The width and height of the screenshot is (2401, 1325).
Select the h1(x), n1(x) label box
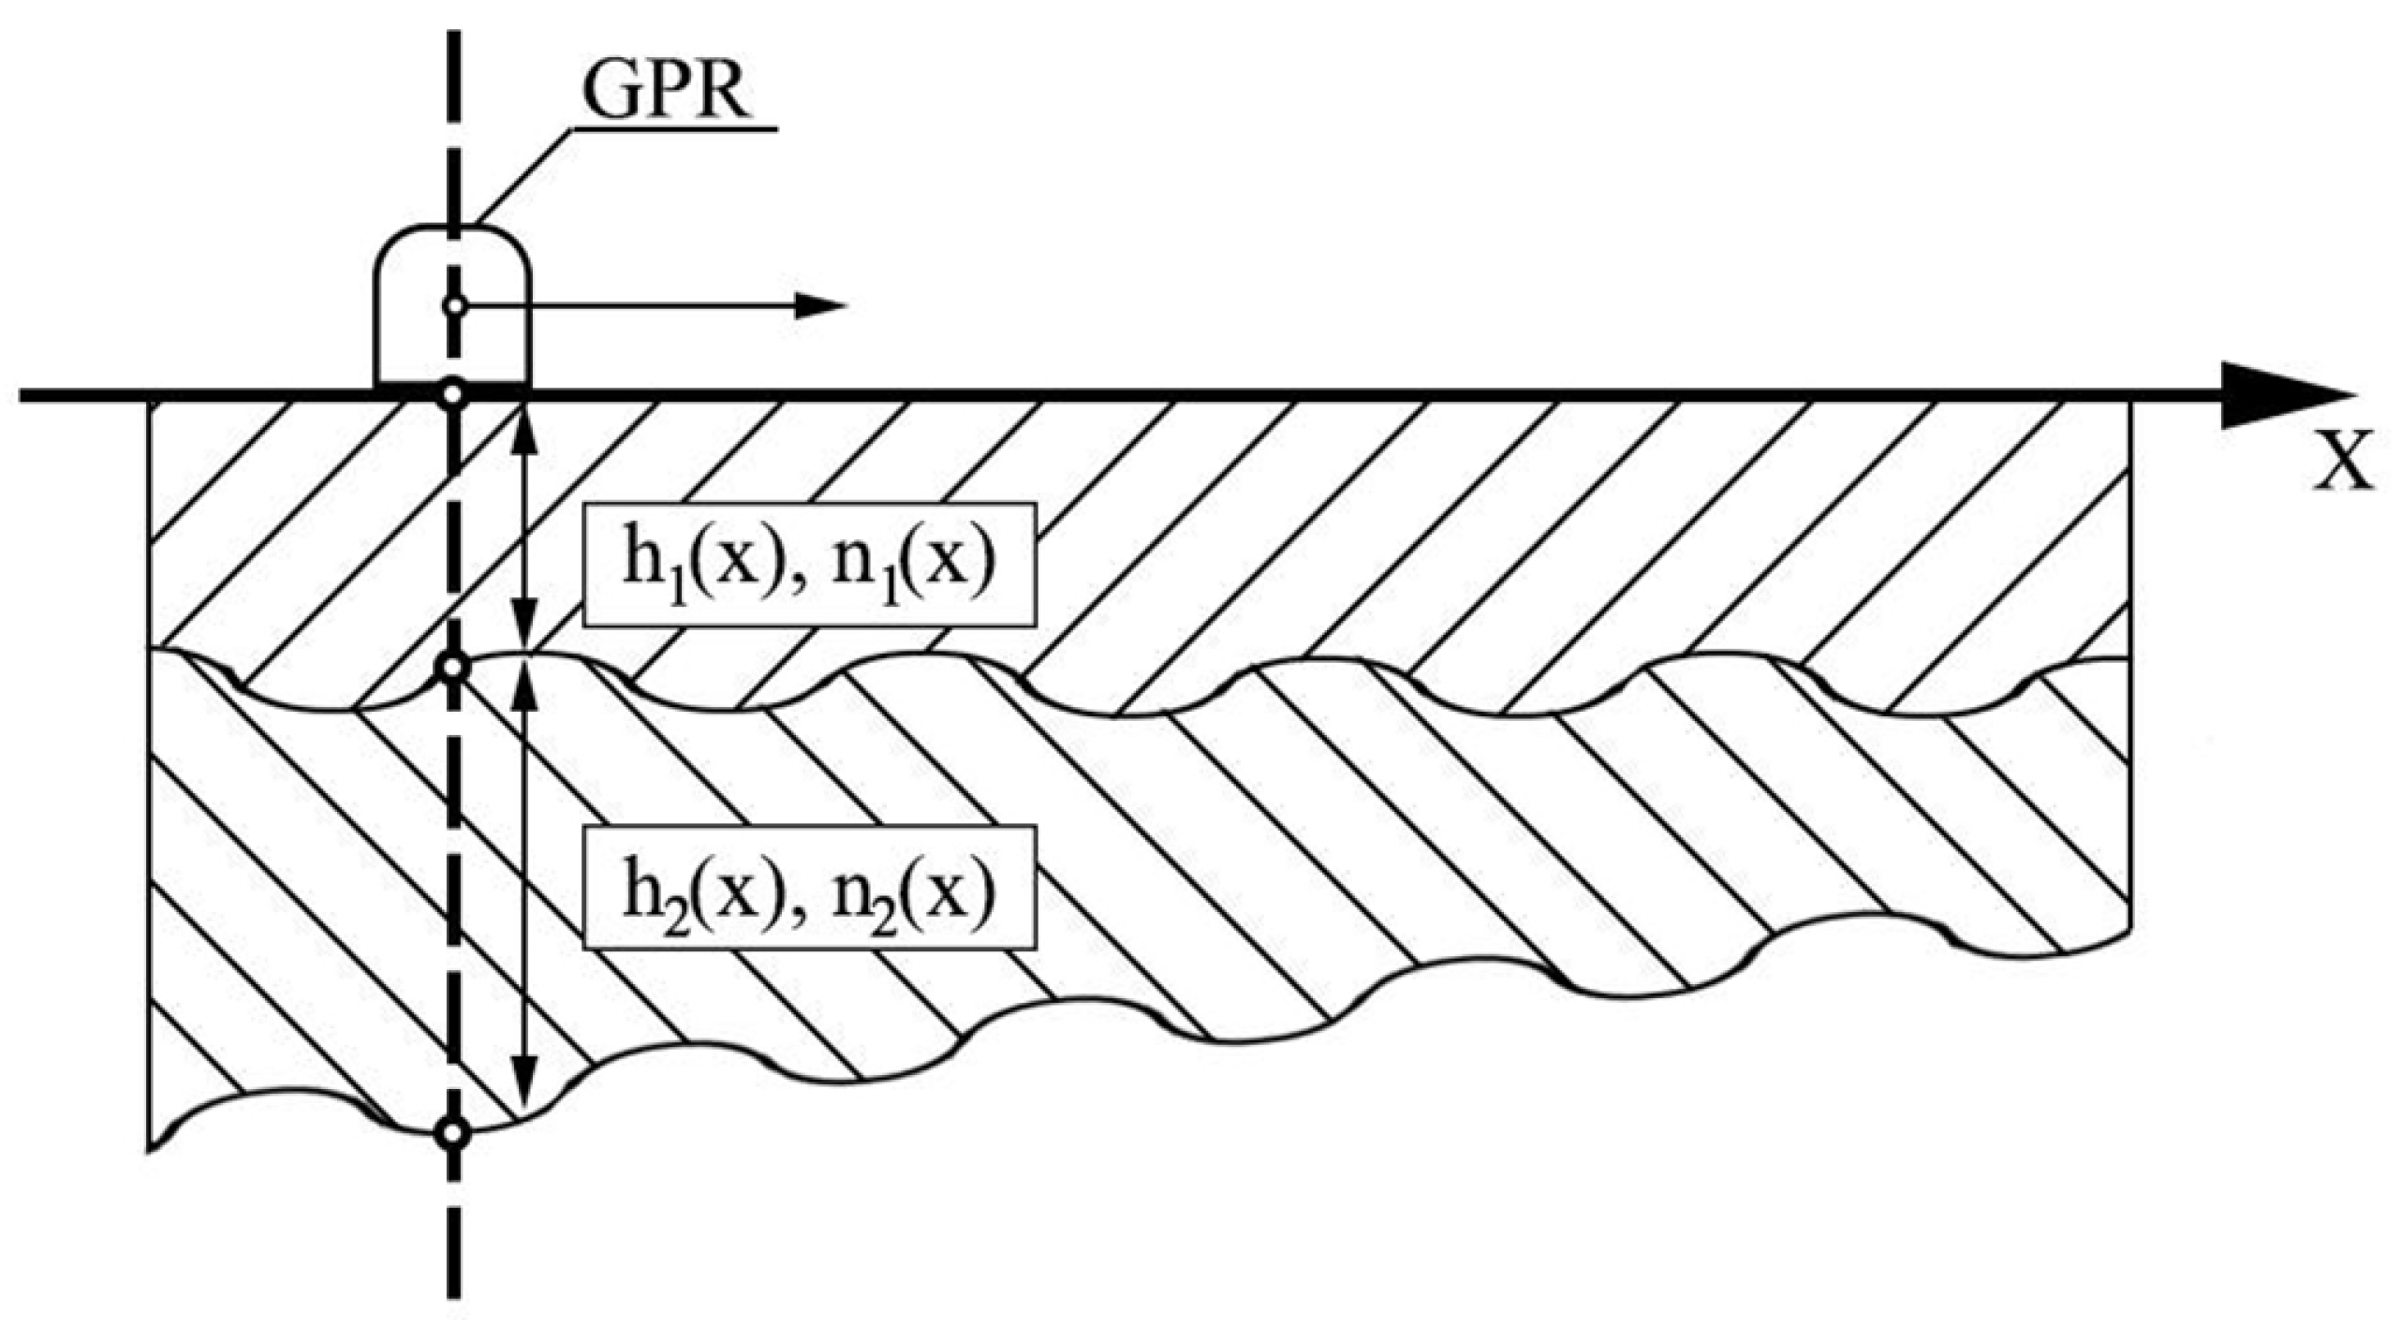pyautogui.click(x=810, y=565)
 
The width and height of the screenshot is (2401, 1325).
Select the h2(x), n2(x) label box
pyautogui.click(x=810, y=887)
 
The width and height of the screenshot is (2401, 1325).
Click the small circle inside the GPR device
pyautogui.click(x=455, y=305)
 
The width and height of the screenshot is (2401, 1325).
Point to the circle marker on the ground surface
pyautogui.click(x=453, y=394)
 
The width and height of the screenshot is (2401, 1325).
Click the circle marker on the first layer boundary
pyautogui.click(x=453, y=668)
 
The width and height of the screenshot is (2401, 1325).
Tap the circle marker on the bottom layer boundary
pyautogui.click(x=453, y=1134)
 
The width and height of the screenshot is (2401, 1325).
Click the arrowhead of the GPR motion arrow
pyautogui.click(x=819, y=305)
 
